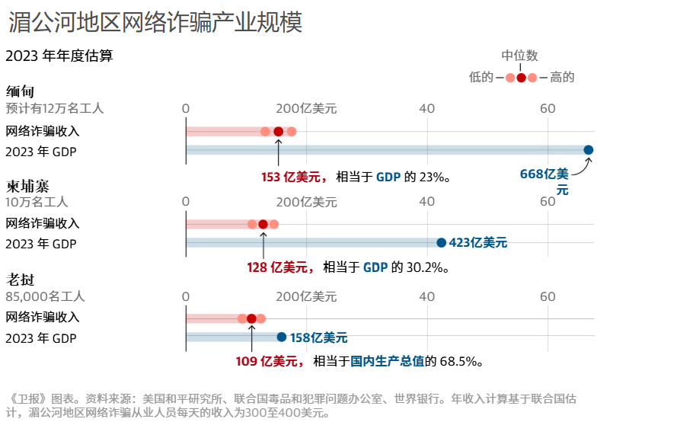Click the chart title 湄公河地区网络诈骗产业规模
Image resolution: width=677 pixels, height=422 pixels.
coord(155,23)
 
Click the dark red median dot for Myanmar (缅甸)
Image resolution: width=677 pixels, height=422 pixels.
coord(278,131)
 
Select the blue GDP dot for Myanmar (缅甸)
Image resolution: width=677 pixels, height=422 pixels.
coord(589,150)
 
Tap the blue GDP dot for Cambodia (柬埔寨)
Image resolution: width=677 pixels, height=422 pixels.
coord(441,243)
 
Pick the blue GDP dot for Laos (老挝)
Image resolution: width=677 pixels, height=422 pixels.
coord(282,337)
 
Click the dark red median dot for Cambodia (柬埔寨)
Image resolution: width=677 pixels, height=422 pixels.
coord(263,224)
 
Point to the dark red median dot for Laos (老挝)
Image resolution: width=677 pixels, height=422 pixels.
coord(251,318)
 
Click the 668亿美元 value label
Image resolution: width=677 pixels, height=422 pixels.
coord(544,181)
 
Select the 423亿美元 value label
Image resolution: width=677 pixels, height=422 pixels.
coord(478,243)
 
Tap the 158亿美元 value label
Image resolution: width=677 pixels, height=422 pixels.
coord(318,337)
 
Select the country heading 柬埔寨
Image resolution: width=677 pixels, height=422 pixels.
coord(26,186)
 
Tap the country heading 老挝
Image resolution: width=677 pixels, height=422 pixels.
coord(20,280)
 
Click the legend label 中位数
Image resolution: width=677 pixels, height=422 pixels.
coord(519,56)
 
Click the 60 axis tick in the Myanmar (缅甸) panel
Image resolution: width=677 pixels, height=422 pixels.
coord(548,108)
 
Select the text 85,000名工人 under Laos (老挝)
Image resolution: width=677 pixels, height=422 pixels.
coord(45,296)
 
